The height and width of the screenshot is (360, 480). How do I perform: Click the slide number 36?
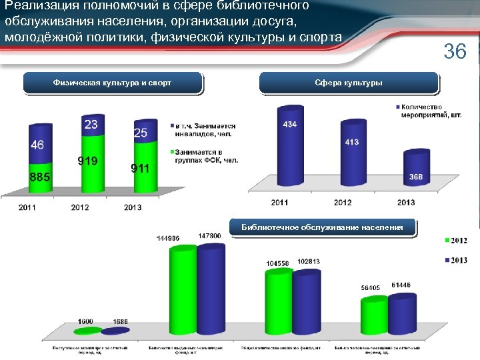click(x=455, y=51)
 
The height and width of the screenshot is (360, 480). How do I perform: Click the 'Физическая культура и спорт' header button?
click(x=112, y=83)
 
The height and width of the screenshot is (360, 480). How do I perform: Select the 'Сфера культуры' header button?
click(x=349, y=83)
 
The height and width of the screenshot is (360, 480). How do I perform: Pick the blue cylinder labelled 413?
click(x=351, y=160)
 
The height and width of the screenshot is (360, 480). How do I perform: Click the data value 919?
click(x=87, y=161)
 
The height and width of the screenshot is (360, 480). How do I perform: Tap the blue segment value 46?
click(x=37, y=145)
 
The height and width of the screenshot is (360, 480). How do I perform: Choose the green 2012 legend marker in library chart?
click(x=447, y=240)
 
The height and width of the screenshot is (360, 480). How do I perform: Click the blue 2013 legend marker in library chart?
click(x=447, y=260)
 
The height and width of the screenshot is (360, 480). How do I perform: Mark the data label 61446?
click(x=401, y=285)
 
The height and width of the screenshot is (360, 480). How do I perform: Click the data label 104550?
click(x=277, y=263)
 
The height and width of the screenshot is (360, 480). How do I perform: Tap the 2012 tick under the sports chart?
click(x=80, y=207)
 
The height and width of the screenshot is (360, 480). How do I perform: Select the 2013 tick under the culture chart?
click(x=405, y=202)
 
